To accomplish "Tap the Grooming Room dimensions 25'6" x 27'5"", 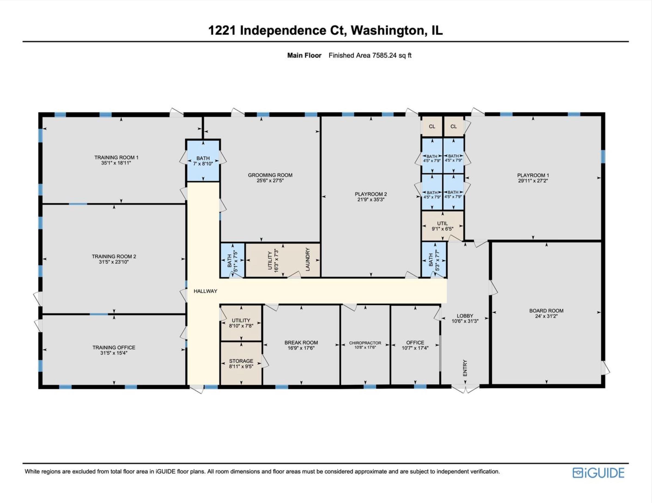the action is pyautogui.click(x=270, y=181).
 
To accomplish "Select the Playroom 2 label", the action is pyautogui.click(x=371, y=194).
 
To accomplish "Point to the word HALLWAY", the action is pyautogui.click(x=205, y=291).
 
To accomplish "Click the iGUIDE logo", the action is pyautogui.click(x=598, y=473).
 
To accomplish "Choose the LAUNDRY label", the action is pyautogui.click(x=308, y=259).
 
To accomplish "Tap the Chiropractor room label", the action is pyautogui.click(x=365, y=343).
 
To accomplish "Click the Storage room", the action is pyautogui.click(x=241, y=363).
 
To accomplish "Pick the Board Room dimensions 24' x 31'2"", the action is pyautogui.click(x=546, y=316).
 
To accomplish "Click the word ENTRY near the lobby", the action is pyautogui.click(x=465, y=368).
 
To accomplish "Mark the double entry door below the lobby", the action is pyautogui.click(x=465, y=389).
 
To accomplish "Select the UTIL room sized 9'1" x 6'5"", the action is pyautogui.click(x=442, y=226).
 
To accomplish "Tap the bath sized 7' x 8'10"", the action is pyautogui.click(x=203, y=161).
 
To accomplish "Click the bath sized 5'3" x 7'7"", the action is pyautogui.click(x=434, y=260).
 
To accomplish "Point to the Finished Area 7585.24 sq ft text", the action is pyautogui.click(x=370, y=55).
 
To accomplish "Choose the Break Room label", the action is pyautogui.click(x=301, y=343).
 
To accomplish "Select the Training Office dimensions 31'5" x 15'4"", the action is pyautogui.click(x=114, y=353).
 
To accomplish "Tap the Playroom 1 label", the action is pyautogui.click(x=533, y=175).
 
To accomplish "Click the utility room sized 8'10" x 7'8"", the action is pyautogui.click(x=241, y=323).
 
